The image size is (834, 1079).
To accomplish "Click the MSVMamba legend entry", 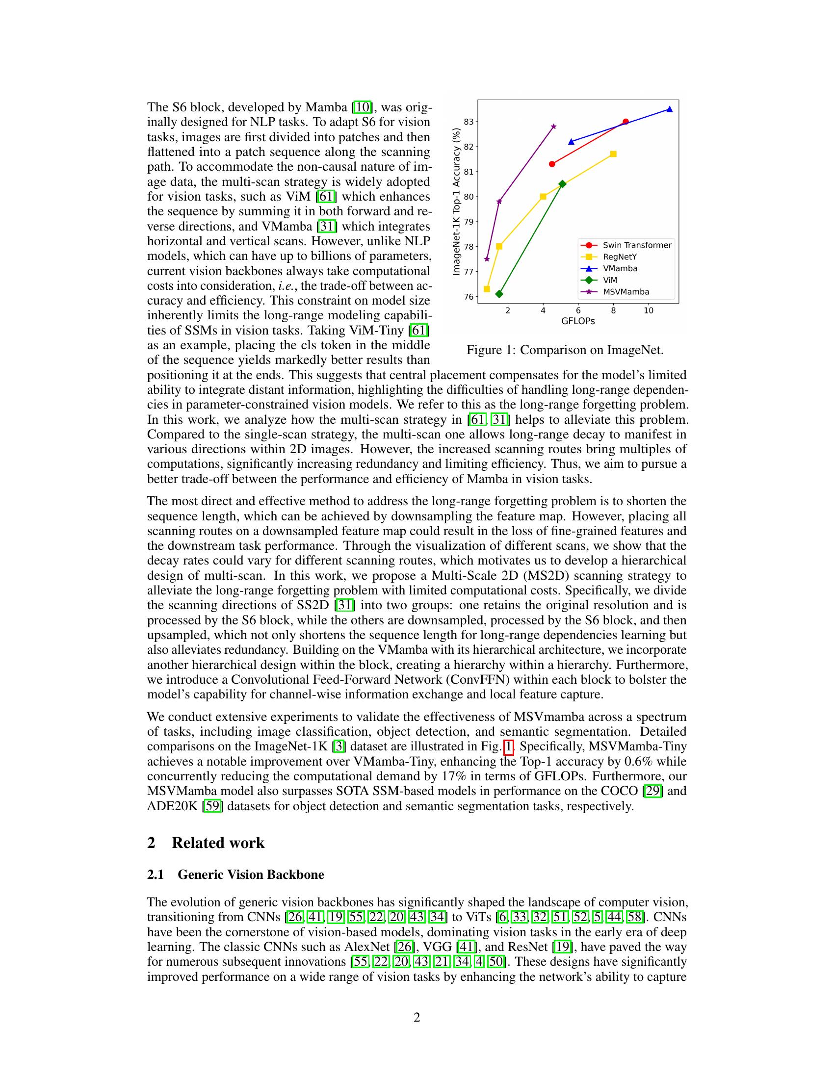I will (625, 291).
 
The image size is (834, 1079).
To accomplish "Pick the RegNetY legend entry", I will (620, 257).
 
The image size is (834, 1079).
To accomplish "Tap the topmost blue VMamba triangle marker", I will (670, 109).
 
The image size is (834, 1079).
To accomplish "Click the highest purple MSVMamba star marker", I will (553, 127).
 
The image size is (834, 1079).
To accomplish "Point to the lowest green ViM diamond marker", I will (499, 294).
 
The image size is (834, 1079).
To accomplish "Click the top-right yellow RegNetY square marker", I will (613, 154).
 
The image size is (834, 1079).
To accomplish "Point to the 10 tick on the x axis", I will (648, 311).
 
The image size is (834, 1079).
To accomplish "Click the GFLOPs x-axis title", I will (577, 321).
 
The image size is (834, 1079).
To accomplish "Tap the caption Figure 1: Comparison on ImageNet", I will (565, 350).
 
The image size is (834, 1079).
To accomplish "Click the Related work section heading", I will (218, 843).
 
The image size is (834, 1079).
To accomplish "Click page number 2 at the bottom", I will (417, 1017).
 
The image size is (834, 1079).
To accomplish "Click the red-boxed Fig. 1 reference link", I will (508, 746).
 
